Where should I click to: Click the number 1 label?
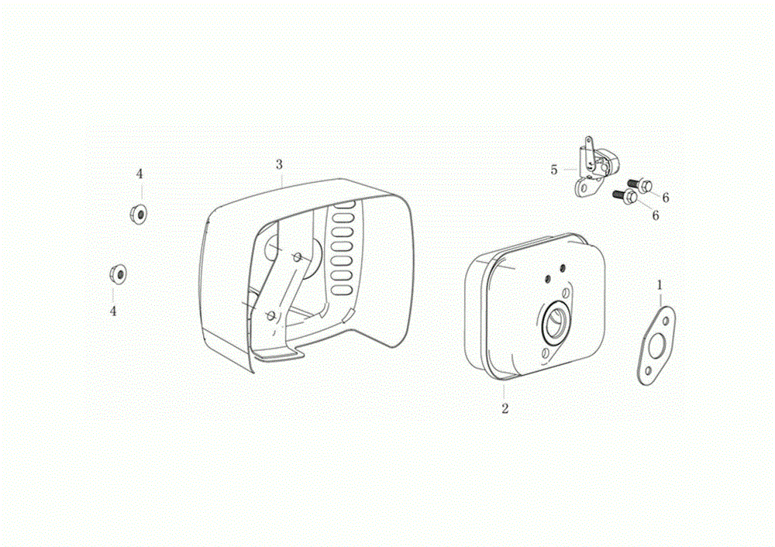point(660,285)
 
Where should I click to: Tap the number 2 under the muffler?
point(505,408)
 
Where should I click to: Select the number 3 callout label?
point(279,164)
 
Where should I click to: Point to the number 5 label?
point(553,170)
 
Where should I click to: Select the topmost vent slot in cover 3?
point(344,205)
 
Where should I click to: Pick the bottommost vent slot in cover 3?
point(342,290)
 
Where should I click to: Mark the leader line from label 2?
point(505,393)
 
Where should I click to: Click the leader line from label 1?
point(660,299)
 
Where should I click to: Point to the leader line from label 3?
point(281,179)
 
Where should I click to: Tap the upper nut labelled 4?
point(138,214)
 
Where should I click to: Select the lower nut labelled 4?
point(118,273)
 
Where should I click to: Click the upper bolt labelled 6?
point(641,185)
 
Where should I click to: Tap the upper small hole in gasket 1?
point(666,322)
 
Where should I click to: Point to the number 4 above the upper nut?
point(139,174)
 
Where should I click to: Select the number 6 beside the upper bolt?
point(665,198)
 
